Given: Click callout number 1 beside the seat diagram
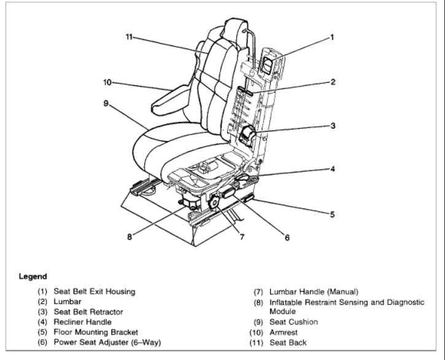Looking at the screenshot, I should (332, 37).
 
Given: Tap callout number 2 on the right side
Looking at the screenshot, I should (332, 81).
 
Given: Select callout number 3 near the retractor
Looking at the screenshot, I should (332, 126).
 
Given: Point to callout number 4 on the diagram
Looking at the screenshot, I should (332, 167).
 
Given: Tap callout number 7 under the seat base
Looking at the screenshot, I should (242, 236).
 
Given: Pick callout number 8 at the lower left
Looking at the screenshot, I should (130, 236).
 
